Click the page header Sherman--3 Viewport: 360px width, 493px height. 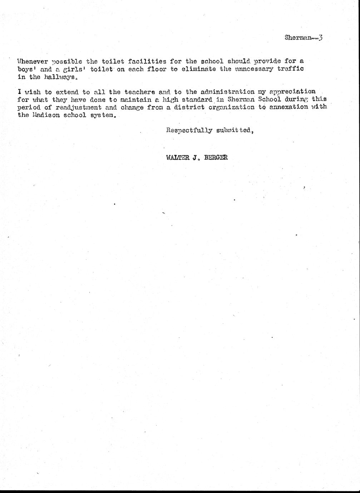pos(304,38)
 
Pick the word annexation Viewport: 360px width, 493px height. pos(290,107)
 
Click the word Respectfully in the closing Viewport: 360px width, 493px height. pos(189,130)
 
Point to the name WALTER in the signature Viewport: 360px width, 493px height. pos(177,158)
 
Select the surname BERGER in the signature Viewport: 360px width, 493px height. pos(216,158)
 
